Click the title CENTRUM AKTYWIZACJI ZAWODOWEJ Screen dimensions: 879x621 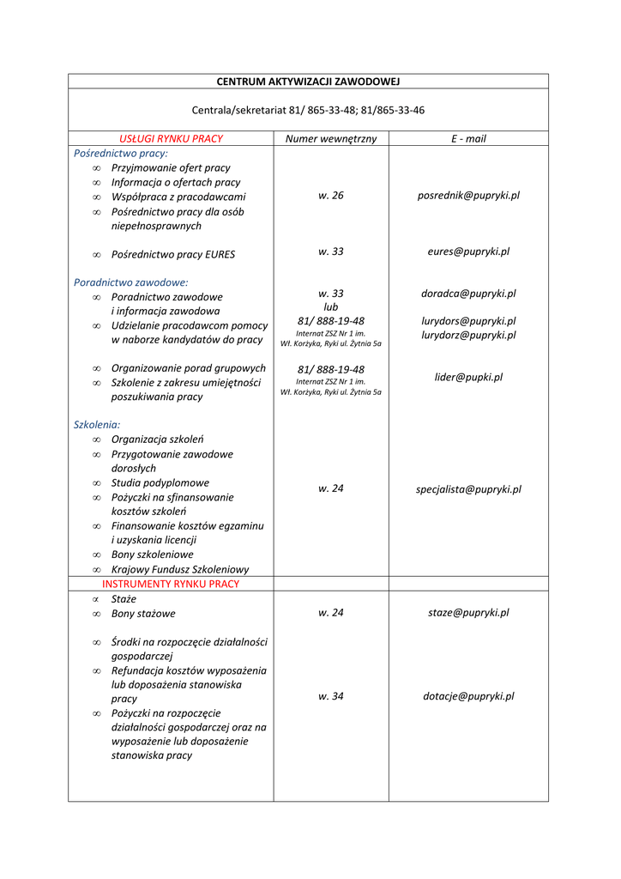click(x=308, y=82)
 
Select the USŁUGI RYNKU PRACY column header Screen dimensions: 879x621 click(x=171, y=138)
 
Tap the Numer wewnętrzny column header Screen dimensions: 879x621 click(x=331, y=138)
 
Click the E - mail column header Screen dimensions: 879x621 click(x=468, y=138)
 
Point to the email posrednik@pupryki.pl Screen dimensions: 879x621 click(x=468, y=196)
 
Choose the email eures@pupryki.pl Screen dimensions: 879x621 click(x=468, y=252)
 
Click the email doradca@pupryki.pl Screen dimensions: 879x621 click(x=468, y=294)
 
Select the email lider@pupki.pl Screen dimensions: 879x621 click(x=468, y=377)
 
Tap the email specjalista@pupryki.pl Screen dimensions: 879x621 click(x=468, y=489)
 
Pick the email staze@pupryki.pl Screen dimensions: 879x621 click(x=468, y=613)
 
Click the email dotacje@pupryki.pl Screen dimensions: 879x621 click(x=468, y=696)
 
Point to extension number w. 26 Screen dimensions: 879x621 click(x=331, y=196)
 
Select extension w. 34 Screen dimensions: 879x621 click(x=331, y=696)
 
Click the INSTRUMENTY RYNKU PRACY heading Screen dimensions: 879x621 click(x=171, y=584)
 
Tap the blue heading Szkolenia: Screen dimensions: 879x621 click(x=97, y=425)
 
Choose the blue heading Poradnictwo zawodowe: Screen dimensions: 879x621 click(x=130, y=282)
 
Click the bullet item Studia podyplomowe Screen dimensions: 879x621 click(x=160, y=483)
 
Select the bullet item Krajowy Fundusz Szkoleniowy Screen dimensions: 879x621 click(x=180, y=569)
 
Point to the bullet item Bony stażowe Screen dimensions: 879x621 click(x=143, y=614)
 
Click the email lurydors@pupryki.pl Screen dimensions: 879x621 click(x=468, y=321)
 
